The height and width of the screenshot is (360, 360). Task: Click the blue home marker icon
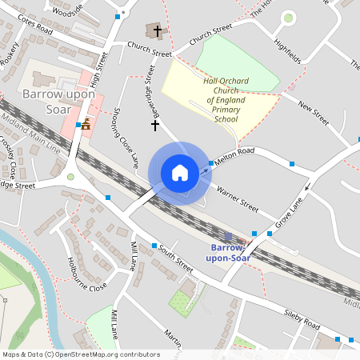pos(180,173)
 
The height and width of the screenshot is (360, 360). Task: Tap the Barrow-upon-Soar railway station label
pos(229,252)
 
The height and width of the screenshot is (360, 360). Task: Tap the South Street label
pos(177,255)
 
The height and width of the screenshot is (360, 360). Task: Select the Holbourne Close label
pos(86,274)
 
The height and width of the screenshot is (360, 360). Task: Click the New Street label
pos(313,113)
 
